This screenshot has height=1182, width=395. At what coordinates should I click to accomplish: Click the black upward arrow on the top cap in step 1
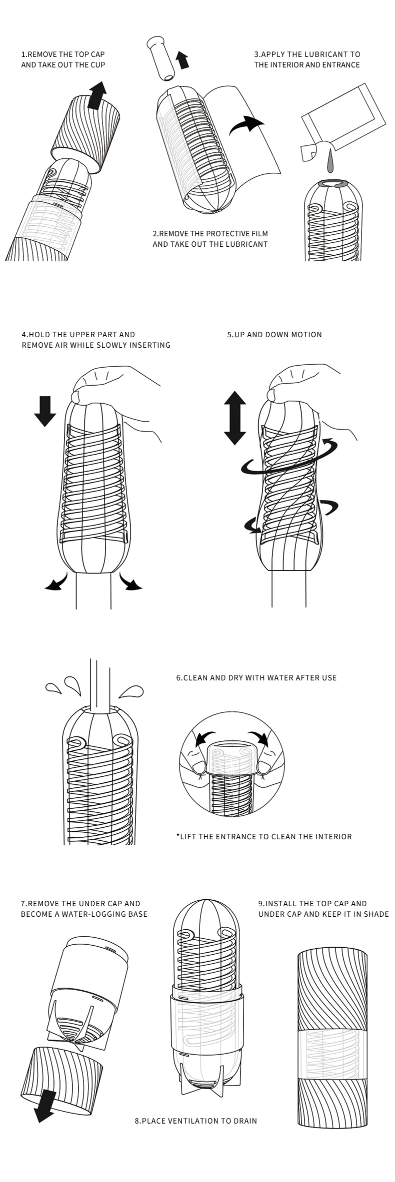coord(97,95)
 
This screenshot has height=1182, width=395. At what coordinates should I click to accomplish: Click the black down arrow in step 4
coord(45,410)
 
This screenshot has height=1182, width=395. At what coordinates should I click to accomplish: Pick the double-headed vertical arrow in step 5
coord(234,418)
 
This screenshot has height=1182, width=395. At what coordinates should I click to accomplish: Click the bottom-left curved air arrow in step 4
coord(55,583)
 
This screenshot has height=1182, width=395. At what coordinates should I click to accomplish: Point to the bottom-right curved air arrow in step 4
coord(131,583)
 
